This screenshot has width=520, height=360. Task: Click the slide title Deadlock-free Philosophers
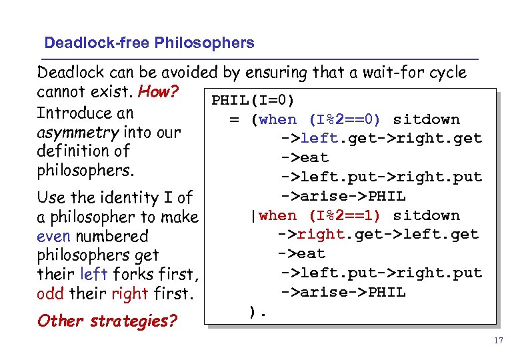coord(149,43)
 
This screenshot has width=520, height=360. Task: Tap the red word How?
coord(159,92)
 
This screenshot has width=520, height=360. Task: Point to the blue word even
coord(54,236)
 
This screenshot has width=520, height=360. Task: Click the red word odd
coord(50,293)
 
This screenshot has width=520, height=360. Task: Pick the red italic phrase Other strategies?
coord(107,321)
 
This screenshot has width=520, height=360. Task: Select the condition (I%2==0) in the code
coord(344,120)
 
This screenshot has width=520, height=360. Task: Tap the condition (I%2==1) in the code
coord(344,215)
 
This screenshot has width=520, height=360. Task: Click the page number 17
coord(498,341)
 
